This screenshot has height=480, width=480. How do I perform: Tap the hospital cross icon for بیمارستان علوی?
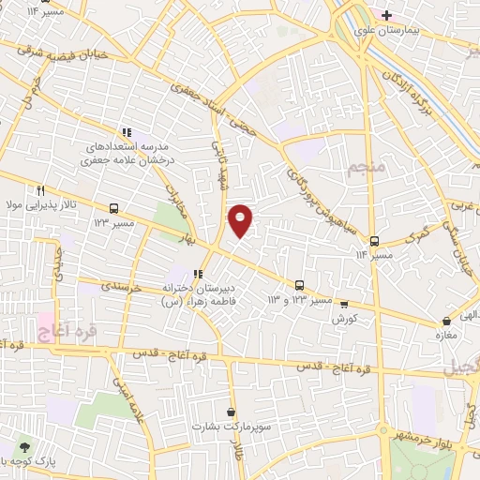(385, 15)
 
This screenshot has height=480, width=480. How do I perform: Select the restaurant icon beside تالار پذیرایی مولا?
(39, 189)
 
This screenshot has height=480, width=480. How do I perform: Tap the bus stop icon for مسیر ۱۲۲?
(113, 208)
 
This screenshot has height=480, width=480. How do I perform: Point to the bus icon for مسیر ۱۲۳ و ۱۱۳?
(299, 285)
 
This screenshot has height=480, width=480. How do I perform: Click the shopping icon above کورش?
(344, 304)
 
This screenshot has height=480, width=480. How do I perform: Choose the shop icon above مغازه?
(445, 322)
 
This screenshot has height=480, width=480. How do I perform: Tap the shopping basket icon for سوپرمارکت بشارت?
(232, 412)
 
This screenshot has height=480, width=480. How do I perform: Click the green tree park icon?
(23, 446)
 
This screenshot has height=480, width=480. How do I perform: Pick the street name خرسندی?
(121, 288)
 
